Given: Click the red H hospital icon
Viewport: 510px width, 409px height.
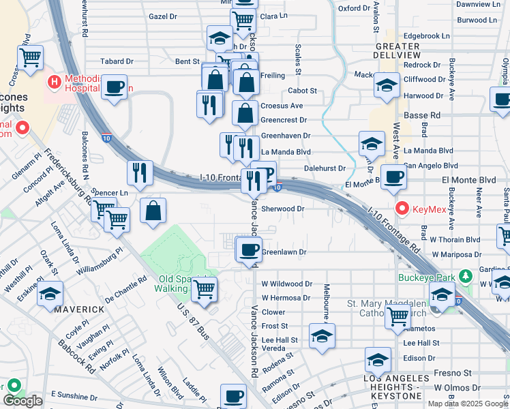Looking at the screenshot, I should (x=53, y=82).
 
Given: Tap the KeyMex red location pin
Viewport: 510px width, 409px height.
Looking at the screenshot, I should (x=402, y=208).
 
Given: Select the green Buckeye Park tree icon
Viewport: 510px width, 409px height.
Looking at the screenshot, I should (x=466, y=277).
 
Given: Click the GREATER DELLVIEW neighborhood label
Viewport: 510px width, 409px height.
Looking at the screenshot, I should (x=388, y=50).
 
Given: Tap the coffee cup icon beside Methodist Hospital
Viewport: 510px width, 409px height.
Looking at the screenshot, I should (x=115, y=87).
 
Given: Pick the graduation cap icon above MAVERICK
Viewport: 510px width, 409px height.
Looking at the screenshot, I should (x=50, y=294).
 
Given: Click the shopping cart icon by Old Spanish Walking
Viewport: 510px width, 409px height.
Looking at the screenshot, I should (x=204, y=289).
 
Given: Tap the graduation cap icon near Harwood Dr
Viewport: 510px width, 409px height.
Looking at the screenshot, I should (x=387, y=86).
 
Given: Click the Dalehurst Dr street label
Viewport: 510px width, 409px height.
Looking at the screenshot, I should (x=325, y=168).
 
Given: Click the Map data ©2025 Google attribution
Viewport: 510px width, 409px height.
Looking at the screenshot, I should (x=468, y=403).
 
